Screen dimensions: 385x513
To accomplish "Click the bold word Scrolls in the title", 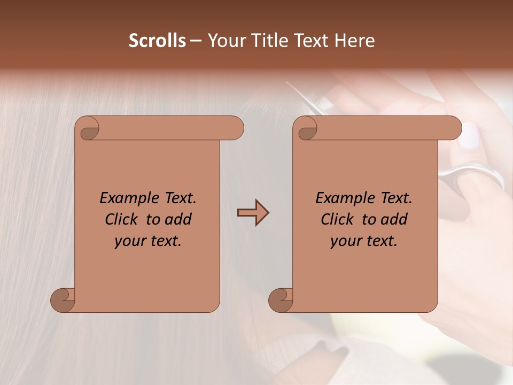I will pyautogui.click(x=157, y=41).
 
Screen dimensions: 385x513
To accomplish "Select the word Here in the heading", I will pyautogui.click(x=355, y=41).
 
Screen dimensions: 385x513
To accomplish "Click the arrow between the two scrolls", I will pyautogui.click(x=253, y=213).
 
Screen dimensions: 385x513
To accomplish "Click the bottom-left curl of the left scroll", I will pyautogui.click(x=63, y=300).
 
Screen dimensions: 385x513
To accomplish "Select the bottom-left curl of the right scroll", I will pyautogui.click(x=281, y=300).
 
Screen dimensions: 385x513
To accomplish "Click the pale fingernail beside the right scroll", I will pyautogui.click(x=470, y=136).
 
